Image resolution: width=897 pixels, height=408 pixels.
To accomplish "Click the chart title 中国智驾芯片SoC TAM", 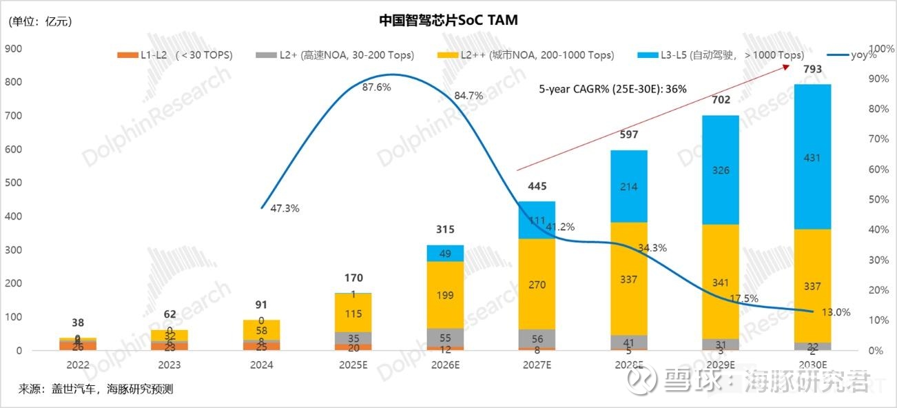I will pos(448,21).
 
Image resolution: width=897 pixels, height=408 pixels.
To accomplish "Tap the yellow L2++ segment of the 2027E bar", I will pos(536,283).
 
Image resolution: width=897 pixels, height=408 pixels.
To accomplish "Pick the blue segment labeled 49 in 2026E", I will pos(444,253).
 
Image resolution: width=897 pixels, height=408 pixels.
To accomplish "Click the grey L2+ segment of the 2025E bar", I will pos(353,338).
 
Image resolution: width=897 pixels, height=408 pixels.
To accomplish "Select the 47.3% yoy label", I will pos(285,208).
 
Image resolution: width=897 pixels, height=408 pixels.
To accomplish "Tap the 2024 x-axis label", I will pos(261,365).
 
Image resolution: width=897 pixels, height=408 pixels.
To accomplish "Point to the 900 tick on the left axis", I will pos(14,49).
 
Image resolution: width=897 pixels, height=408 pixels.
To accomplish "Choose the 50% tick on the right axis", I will pos(861,200).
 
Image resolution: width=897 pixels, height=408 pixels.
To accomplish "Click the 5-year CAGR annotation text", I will pos(613,89).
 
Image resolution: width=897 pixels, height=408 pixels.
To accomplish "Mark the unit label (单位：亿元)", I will pos(40,21).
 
